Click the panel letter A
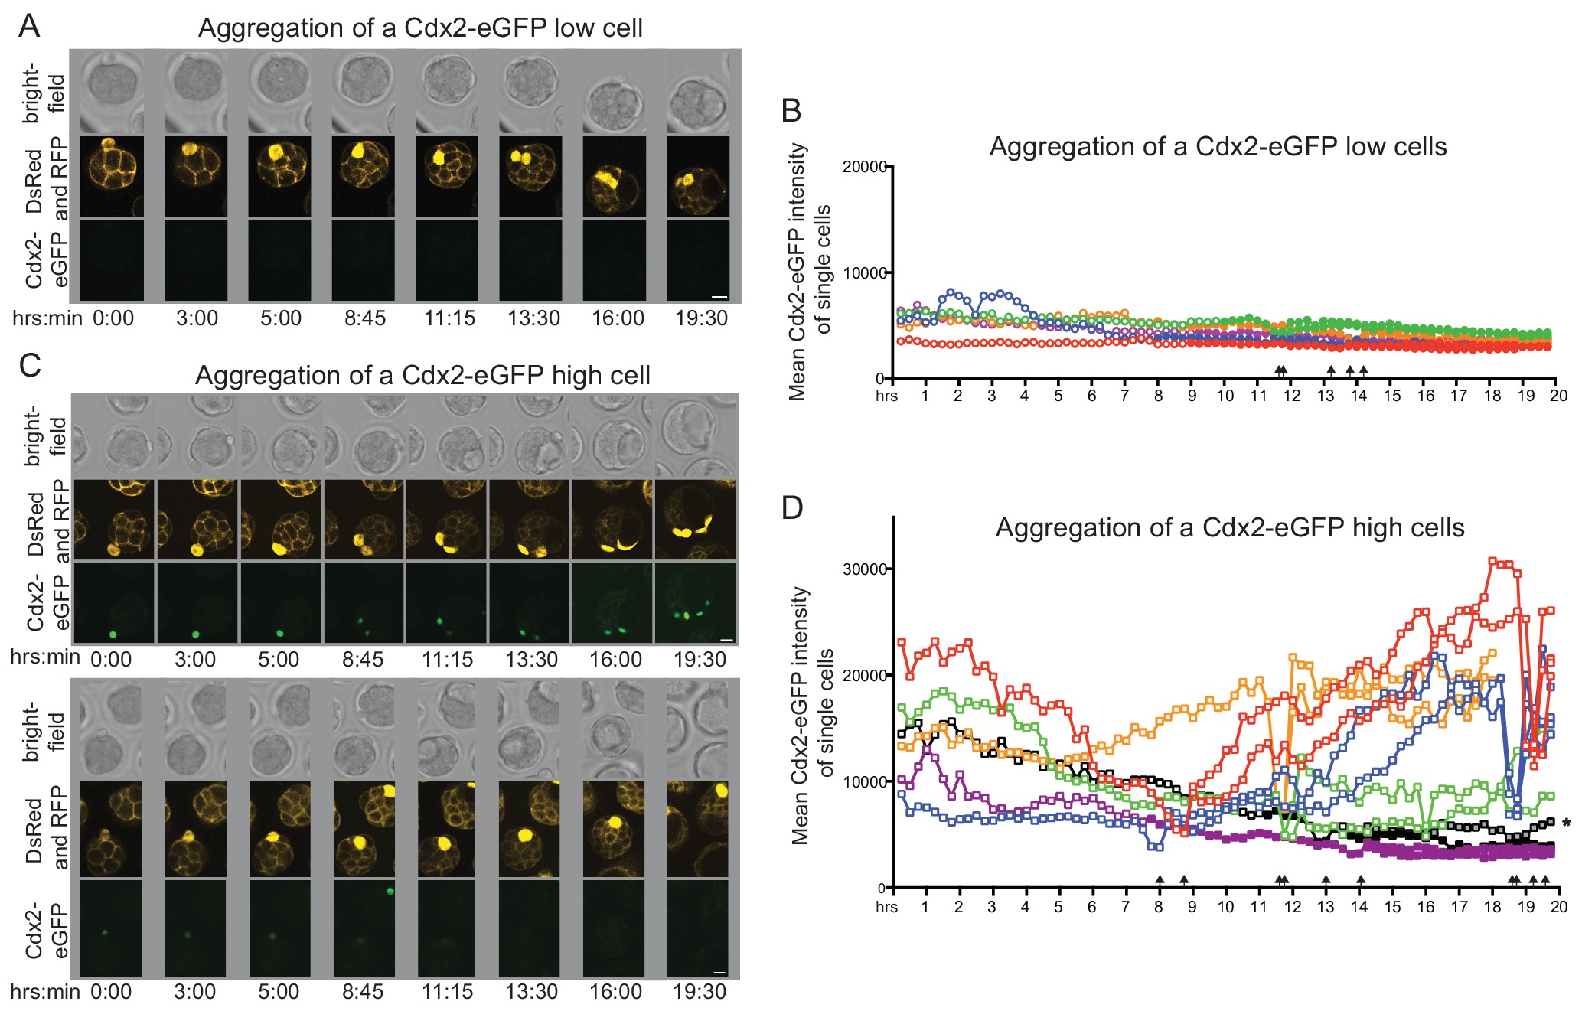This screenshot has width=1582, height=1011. tap(29, 26)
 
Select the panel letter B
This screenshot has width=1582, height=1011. tap(791, 111)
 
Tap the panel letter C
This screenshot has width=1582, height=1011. tap(29, 366)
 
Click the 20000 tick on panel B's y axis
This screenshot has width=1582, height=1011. tap(864, 167)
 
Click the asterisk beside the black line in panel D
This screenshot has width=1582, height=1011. tap(1567, 824)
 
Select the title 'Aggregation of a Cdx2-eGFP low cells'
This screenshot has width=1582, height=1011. tap(1218, 146)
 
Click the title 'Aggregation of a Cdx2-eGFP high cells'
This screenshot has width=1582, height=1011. tap(1229, 527)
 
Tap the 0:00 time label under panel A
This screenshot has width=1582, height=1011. tap(113, 318)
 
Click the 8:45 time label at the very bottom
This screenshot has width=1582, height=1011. tap(363, 992)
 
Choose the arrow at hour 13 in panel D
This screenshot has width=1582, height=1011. tap(1326, 880)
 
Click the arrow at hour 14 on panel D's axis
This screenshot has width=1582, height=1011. tap(1360, 880)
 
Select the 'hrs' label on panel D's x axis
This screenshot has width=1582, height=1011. tap(886, 907)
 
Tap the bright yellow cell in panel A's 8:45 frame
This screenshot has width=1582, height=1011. tap(357, 151)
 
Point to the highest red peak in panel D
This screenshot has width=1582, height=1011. tap(1492, 561)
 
